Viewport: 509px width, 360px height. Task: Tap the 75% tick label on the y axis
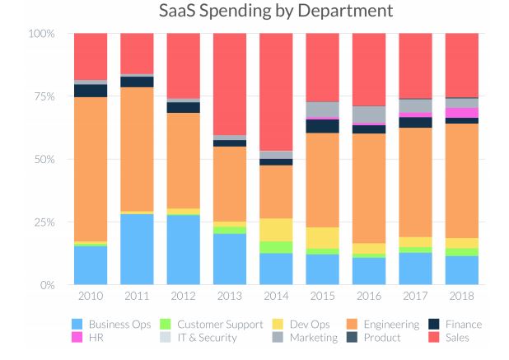pos(41,96)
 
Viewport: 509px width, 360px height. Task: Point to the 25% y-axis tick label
pos(41,222)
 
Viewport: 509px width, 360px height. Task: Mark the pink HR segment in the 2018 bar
pos(461,113)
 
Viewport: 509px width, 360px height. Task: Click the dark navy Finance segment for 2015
pos(322,126)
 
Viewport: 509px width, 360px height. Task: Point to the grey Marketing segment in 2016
pos(368,114)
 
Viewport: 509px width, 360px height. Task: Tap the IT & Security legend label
pos(206,338)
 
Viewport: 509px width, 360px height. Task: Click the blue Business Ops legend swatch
pos(77,325)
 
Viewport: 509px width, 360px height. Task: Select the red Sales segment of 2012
pos(184,66)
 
